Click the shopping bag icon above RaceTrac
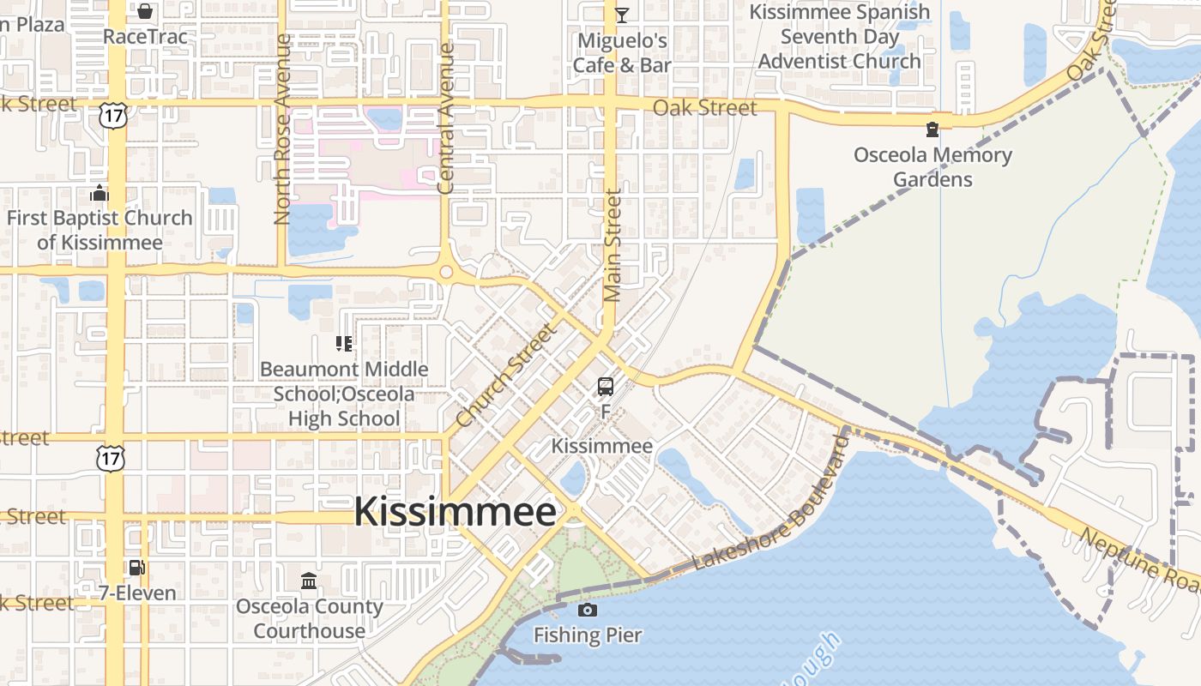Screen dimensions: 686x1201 [x=145, y=11]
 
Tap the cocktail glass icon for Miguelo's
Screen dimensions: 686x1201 [x=622, y=15]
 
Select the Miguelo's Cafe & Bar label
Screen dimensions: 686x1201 [x=622, y=53]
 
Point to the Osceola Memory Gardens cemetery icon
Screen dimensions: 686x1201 [x=932, y=130]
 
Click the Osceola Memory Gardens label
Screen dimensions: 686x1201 [x=932, y=167]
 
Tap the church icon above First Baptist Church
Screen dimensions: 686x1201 [x=100, y=193]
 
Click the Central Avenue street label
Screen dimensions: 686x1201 [x=445, y=118]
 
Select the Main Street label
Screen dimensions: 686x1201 [x=612, y=247]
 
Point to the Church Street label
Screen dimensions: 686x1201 [x=506, y=375]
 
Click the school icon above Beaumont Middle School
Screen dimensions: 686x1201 [x=344, y=345]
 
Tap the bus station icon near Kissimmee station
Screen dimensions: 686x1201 [x=606, y=387]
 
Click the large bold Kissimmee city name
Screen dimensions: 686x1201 [x=456, y=512]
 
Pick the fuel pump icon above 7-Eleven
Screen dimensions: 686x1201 [x=136, y=568]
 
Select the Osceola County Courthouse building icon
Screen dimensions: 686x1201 [x=309, y=581]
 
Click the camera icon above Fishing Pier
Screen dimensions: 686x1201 [x=588, y=611]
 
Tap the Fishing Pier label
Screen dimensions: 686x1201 [x=588, y=635]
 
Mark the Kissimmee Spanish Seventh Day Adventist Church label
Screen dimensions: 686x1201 [x=839, y=37]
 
